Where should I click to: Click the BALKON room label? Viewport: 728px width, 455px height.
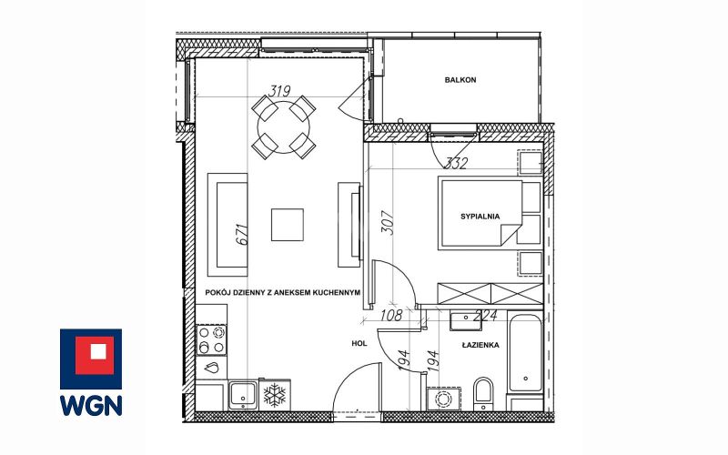[460, 80]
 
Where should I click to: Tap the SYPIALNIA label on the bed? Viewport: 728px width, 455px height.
[480, 217]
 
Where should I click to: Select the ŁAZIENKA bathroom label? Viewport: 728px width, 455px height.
[480, 345]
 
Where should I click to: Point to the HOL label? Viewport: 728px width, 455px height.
[359, 344]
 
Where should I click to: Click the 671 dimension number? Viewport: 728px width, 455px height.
[242, 235]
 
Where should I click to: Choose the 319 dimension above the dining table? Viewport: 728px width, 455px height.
[280, 91]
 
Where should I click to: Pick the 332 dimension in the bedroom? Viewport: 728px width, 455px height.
[456, 163]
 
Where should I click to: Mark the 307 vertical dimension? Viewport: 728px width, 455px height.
[388, 223]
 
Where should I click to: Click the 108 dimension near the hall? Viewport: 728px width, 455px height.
[391, 316]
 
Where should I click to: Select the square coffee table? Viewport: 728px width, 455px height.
[288, 225]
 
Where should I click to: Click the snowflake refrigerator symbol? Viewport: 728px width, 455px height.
[275, 395]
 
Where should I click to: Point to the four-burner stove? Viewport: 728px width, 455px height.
[211, 339]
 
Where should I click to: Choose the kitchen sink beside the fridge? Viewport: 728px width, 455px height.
[243, 396]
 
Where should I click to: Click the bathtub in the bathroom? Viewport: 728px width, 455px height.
[525, 353]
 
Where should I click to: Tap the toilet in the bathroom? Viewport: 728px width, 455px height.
[483, 394]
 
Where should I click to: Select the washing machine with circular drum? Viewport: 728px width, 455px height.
[443, 399]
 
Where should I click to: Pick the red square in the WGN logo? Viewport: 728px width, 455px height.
[95, 355]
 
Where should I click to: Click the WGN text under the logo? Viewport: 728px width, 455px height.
[91, 405]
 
